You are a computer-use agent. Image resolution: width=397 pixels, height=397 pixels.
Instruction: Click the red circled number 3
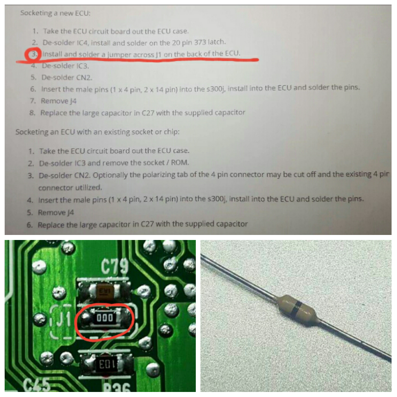pos(33,54)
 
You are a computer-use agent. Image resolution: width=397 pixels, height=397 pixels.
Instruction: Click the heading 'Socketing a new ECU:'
pos(55,13)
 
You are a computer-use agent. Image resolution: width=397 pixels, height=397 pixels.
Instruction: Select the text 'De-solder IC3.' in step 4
pos(65,66)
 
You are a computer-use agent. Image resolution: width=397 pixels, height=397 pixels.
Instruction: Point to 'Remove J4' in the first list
pos(59,101)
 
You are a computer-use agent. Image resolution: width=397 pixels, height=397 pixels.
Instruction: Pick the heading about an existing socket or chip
pos(97,132)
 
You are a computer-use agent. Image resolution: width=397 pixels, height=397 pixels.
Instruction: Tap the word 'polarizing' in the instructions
pos(159,175)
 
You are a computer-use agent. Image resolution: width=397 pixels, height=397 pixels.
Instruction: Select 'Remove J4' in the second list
pos(56,212)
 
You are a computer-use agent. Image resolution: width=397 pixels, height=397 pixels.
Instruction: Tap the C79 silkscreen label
pos(115,267)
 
